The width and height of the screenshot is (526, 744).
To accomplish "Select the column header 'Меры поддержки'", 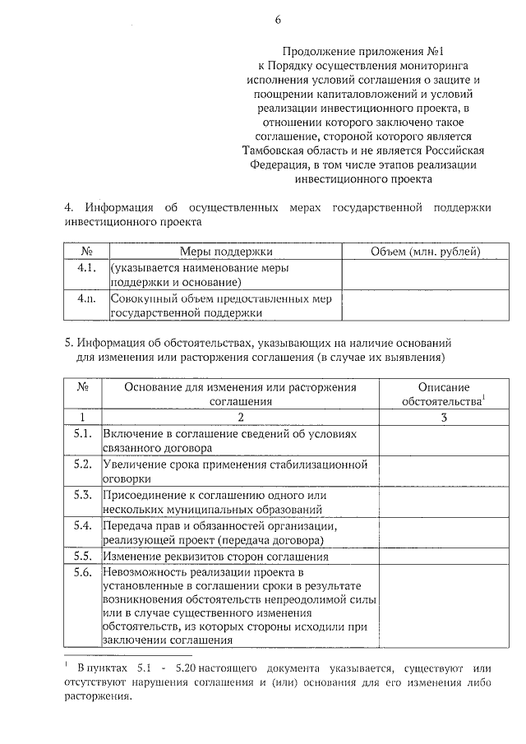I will pyautogui.click(x=226, y=252).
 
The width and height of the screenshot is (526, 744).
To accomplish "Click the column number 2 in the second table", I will pyautogui.click(x=240, y=418).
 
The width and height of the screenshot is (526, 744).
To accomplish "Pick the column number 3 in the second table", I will pyautogui.click(x=444, y=418).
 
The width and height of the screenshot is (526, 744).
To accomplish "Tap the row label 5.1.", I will pyautogui.click(x=82, y=433).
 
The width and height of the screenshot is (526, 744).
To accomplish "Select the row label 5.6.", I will pyautogui.click(x=82, y=572).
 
